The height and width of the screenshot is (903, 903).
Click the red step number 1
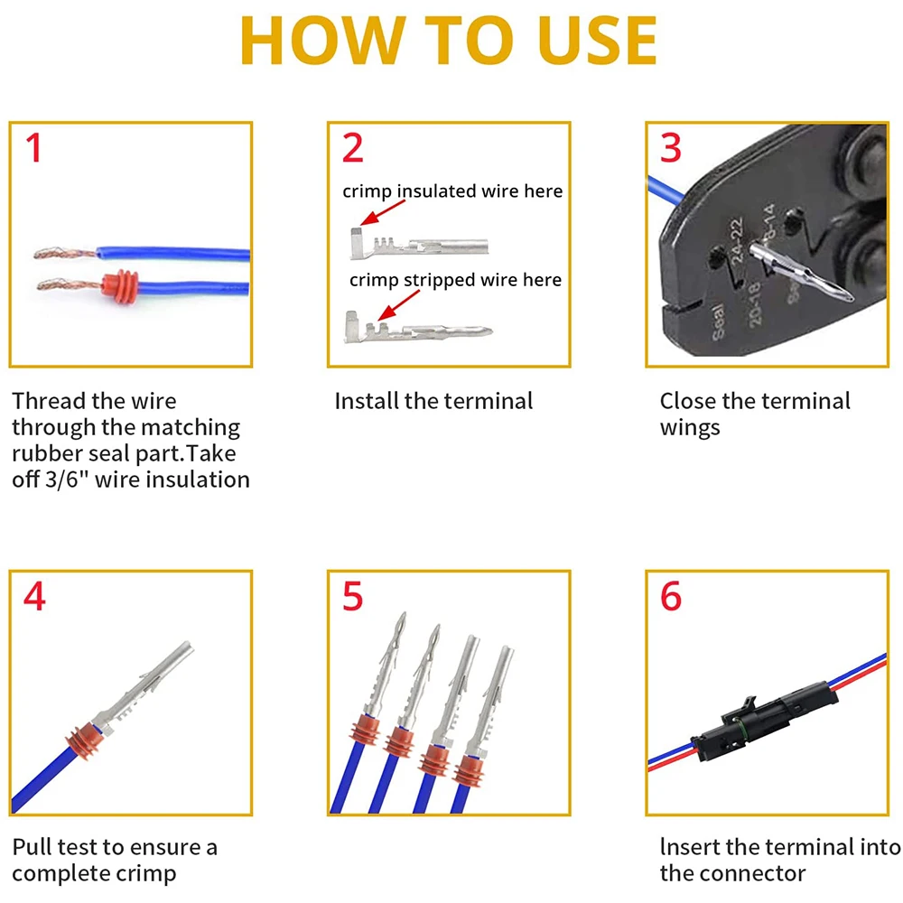click(x=34, y=147)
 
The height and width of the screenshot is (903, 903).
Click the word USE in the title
click(x=598, y=41)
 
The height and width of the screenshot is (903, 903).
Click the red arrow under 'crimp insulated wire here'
click(x=382, y=212)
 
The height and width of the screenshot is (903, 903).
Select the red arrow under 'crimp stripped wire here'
click(x=398, y=305)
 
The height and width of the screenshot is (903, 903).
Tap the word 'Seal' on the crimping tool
click(x=719, y=322)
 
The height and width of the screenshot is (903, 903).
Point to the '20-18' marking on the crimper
click(x=754, y=304)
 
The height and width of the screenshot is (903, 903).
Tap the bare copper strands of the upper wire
click(x=64, y=252)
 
